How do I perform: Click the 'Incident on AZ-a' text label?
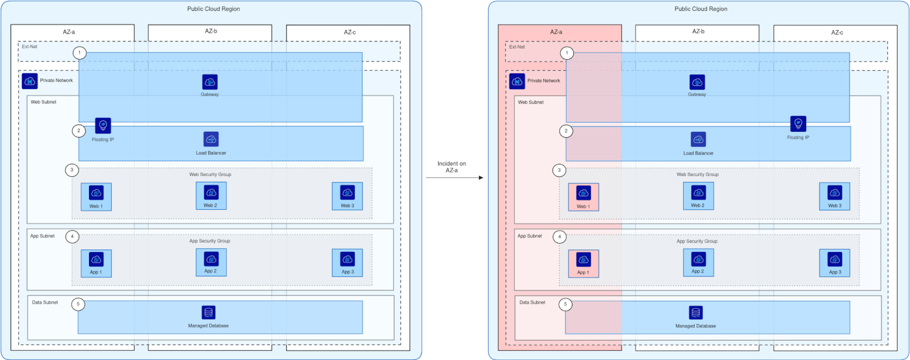452,167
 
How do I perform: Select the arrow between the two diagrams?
455,177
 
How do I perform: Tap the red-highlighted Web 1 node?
584,196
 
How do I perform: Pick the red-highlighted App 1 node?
584,263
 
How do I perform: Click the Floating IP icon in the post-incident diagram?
798,123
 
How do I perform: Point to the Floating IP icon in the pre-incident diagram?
103,125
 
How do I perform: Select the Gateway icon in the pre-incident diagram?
210,82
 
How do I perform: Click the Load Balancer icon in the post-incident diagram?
698,140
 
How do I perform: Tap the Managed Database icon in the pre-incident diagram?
208,313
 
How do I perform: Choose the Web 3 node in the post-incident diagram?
835,196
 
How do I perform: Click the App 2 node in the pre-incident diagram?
211,262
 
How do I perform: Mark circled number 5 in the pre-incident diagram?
79,304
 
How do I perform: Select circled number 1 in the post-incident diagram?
567,53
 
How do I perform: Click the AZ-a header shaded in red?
556,32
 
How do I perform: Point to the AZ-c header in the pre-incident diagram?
350,32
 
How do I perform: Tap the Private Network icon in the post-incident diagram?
517,81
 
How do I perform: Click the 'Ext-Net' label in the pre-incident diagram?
29,46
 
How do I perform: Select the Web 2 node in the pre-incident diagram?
211,195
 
